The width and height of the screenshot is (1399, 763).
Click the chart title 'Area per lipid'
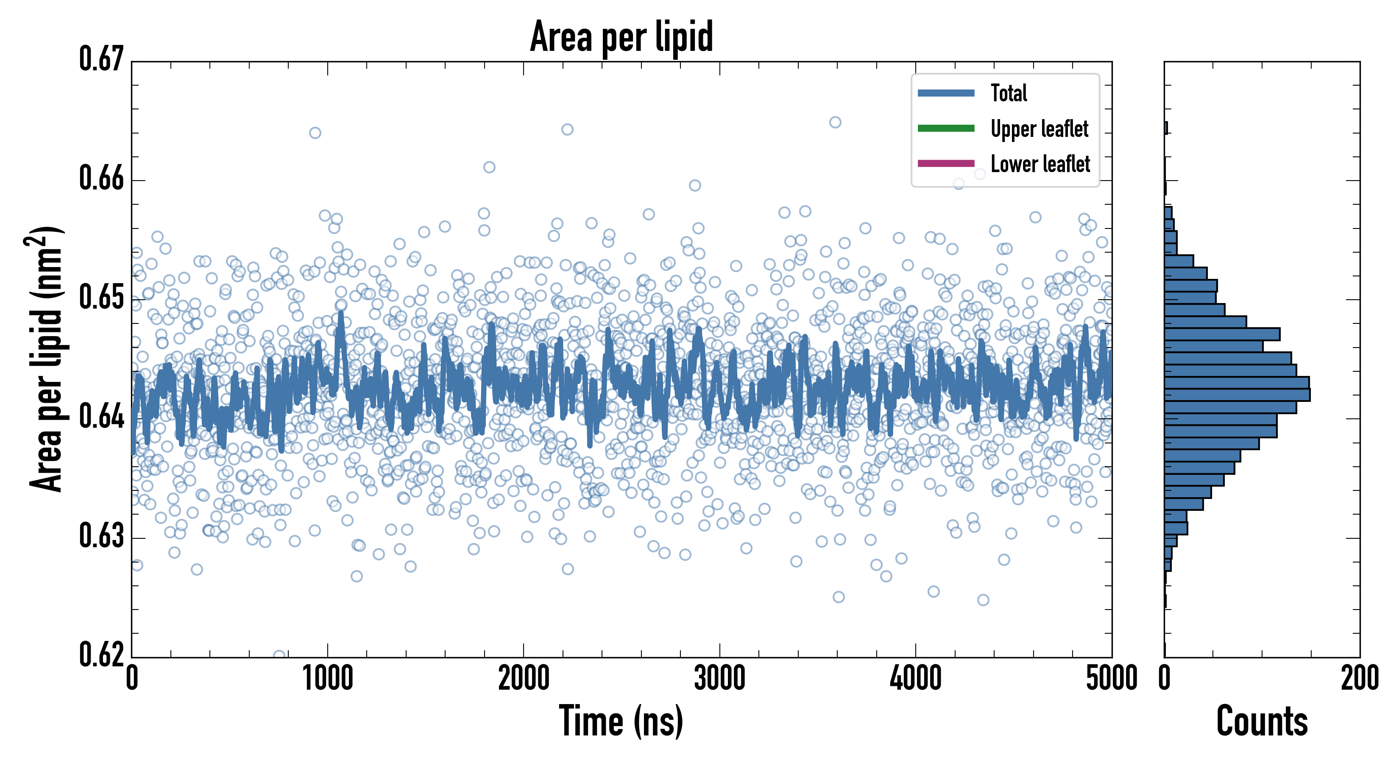621,37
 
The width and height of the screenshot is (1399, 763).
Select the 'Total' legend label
1009,93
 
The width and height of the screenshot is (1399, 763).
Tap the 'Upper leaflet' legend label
1039,129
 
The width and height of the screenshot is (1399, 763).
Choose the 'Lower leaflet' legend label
1040,164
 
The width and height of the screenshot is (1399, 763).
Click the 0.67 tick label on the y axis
102,59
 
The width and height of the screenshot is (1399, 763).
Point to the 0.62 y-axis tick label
102,655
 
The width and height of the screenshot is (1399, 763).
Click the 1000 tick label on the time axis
327,679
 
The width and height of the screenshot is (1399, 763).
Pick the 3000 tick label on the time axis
719,679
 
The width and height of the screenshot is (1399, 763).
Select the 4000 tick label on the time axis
916,679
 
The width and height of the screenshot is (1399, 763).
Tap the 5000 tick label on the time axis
1111,679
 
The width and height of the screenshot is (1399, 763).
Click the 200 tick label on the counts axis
1359,679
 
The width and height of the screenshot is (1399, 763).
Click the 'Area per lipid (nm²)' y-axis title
46,359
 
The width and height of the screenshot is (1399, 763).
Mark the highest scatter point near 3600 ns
835,122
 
